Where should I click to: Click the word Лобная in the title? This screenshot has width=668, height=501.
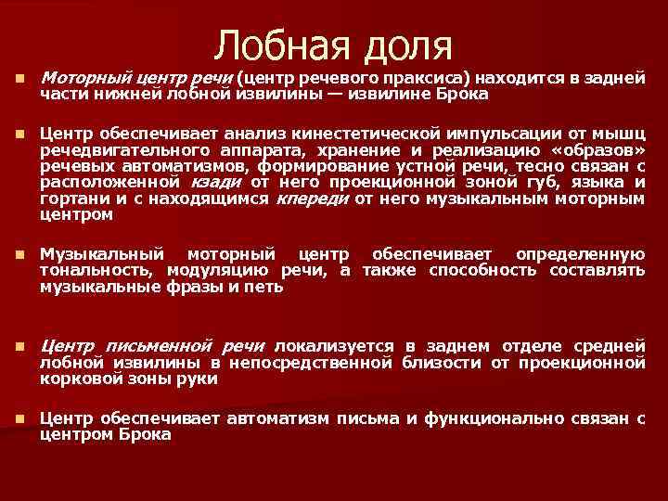point(279,45)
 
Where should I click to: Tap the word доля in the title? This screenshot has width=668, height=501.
point(407,45)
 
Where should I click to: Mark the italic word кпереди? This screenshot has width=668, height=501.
point(312,199)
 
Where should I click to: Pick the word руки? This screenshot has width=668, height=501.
point(199,378)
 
